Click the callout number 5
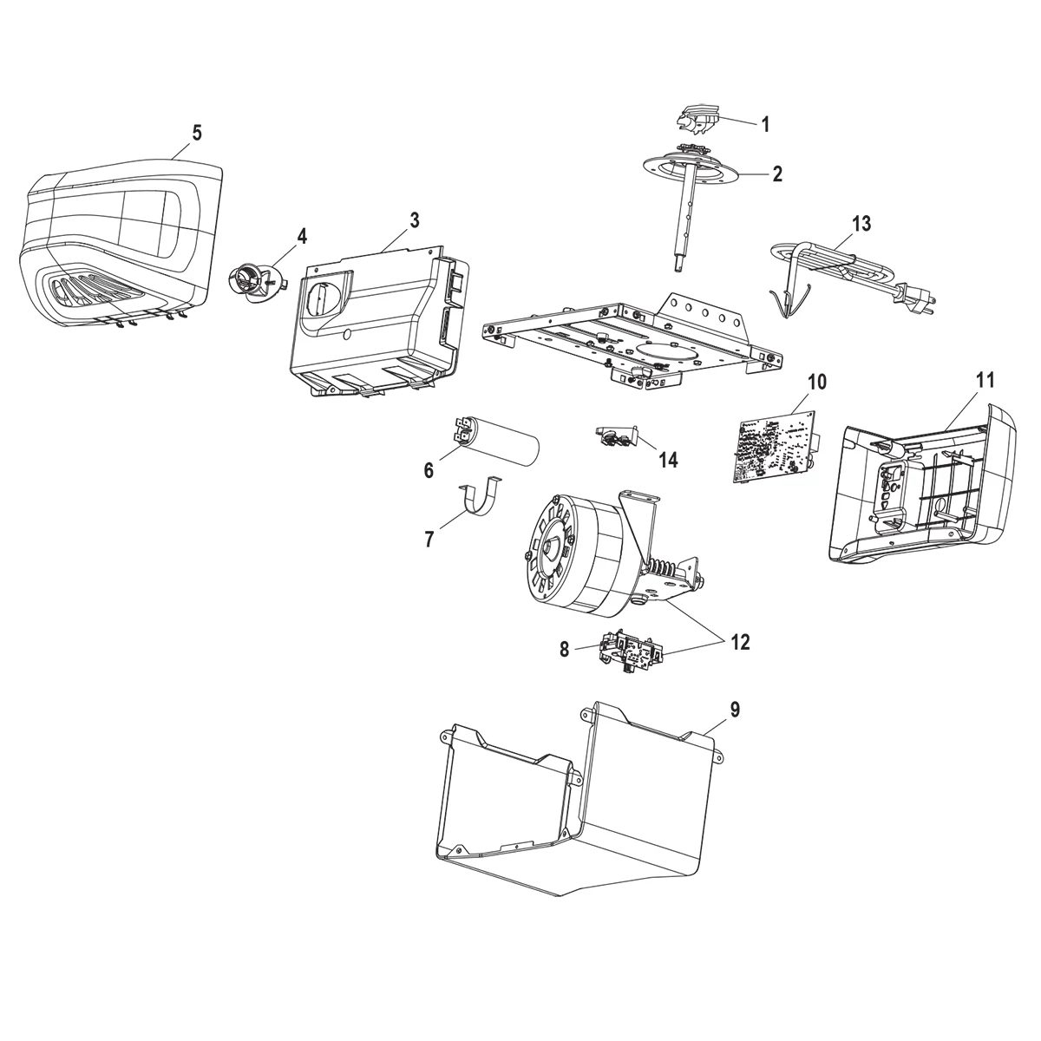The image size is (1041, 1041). tap(197, 133)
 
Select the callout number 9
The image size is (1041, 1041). tap(734, 710)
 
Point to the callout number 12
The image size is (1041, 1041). tap(740, 643)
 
